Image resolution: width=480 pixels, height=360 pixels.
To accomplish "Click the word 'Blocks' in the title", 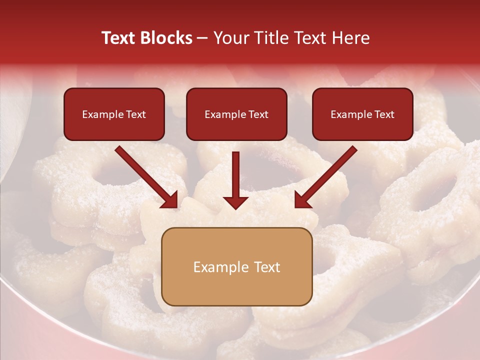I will tap(165, 38).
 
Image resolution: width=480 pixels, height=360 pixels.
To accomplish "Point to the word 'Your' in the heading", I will tap(230, 38).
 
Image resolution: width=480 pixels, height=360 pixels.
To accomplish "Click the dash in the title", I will tap(202, 38).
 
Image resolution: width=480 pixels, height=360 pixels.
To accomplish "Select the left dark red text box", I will tap(114, 114).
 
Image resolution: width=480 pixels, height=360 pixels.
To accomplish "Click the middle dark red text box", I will tap(236, 114).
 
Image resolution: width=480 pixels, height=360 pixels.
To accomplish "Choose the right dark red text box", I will tap(362, 114).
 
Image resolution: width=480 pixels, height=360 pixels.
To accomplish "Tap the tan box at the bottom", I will tap(236, 266).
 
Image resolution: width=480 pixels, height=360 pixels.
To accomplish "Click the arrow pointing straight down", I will tap(235, 180).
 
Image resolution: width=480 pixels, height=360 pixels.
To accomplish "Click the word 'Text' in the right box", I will tap(384, 114).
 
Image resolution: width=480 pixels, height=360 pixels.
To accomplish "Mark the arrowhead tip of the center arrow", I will tap(235, 208).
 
